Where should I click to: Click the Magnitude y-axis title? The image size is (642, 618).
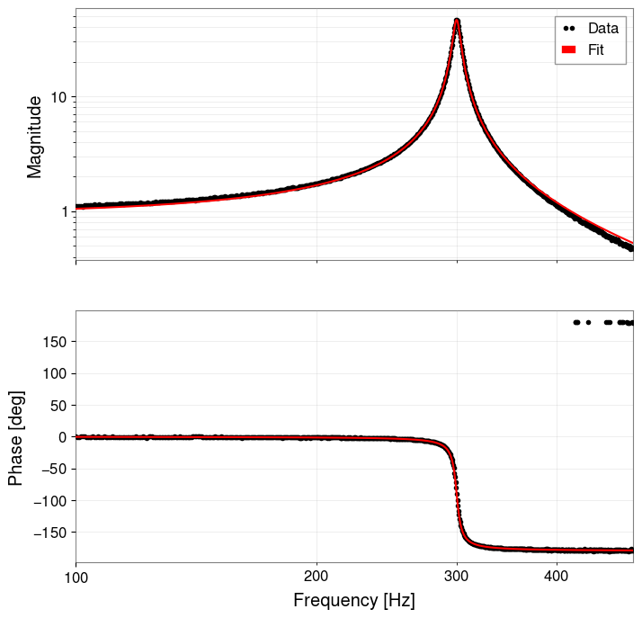click(35, 137)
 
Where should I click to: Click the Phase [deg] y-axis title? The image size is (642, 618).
click(15, 438)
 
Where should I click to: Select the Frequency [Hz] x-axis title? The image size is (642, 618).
click(354, 600)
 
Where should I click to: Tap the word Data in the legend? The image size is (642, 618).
click(602, 28)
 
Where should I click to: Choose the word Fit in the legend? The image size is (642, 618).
click(595, 50)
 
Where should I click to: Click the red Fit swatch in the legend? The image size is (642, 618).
click(568, 50)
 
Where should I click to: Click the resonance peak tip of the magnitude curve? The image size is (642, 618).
click(458, 21)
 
